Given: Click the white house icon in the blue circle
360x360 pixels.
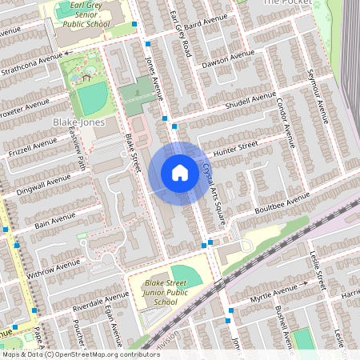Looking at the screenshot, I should click(x=180, y=173).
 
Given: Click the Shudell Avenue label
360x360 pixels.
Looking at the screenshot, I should click(x=250, y=101).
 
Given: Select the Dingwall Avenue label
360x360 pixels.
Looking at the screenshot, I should click(x=42, y=185).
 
